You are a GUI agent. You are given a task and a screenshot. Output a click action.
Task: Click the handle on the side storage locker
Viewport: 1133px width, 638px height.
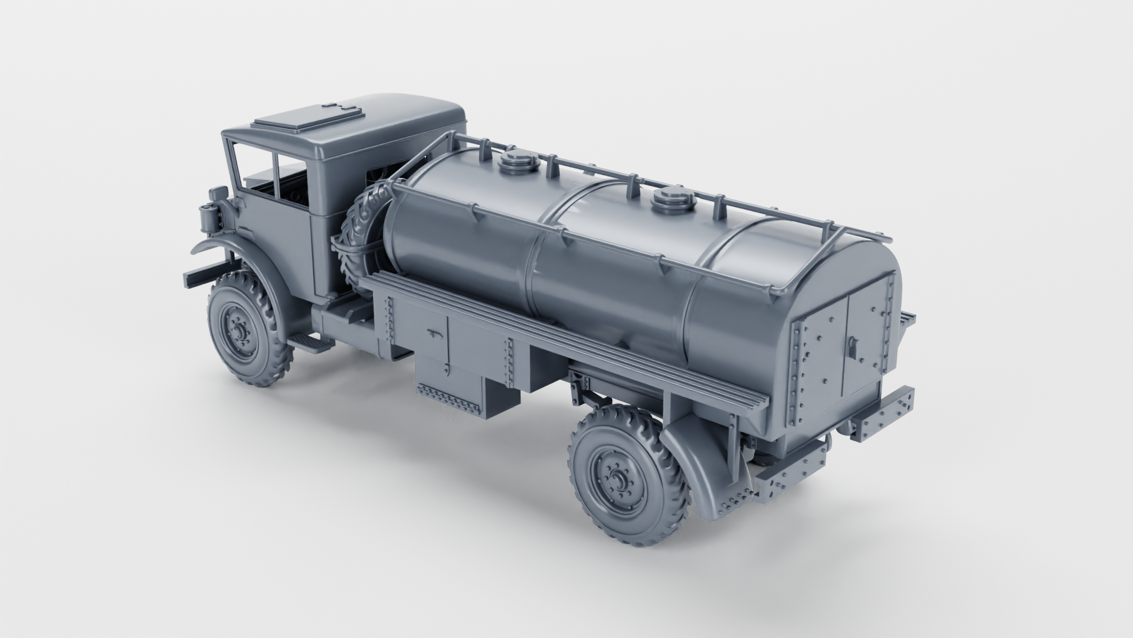coord(434,334)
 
